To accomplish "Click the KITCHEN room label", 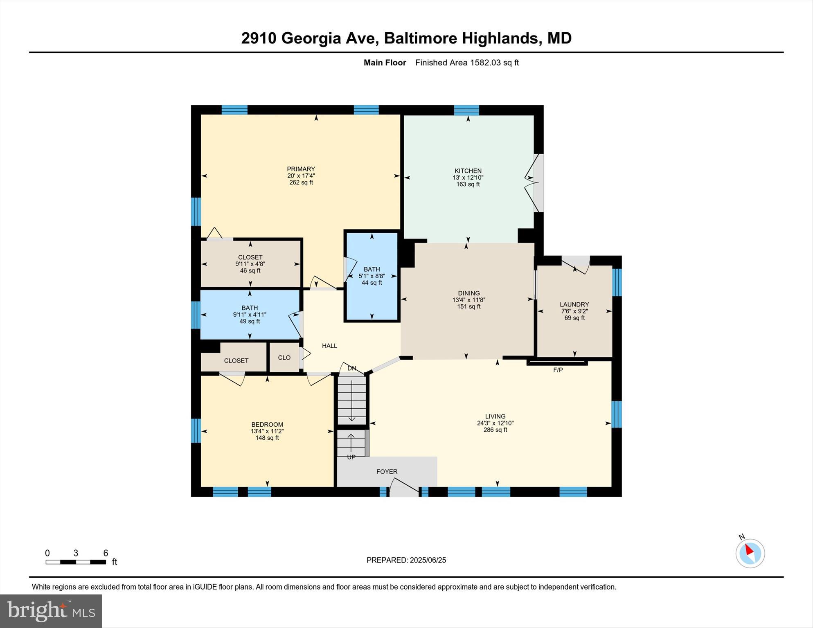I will coord(468,171).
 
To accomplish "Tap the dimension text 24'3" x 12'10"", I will coord(495,423).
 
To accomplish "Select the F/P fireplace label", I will coord(558,370).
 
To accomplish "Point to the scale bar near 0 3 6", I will coord(76,562).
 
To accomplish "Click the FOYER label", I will coord(387,472).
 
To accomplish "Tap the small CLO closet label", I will coord(284,358).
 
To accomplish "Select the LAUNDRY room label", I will coord(574,304).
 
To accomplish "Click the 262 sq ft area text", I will coord(301,182).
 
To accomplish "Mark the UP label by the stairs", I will coord(351,457).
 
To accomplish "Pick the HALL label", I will coord(329,346).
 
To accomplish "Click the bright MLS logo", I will coord(51,611).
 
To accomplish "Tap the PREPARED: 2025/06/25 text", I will coord(406,560).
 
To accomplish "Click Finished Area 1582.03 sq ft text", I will coord(467,63).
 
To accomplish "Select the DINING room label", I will coord(468,293).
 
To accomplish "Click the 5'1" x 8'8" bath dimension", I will coord(372,276).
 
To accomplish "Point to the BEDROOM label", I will coord(267,424).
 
